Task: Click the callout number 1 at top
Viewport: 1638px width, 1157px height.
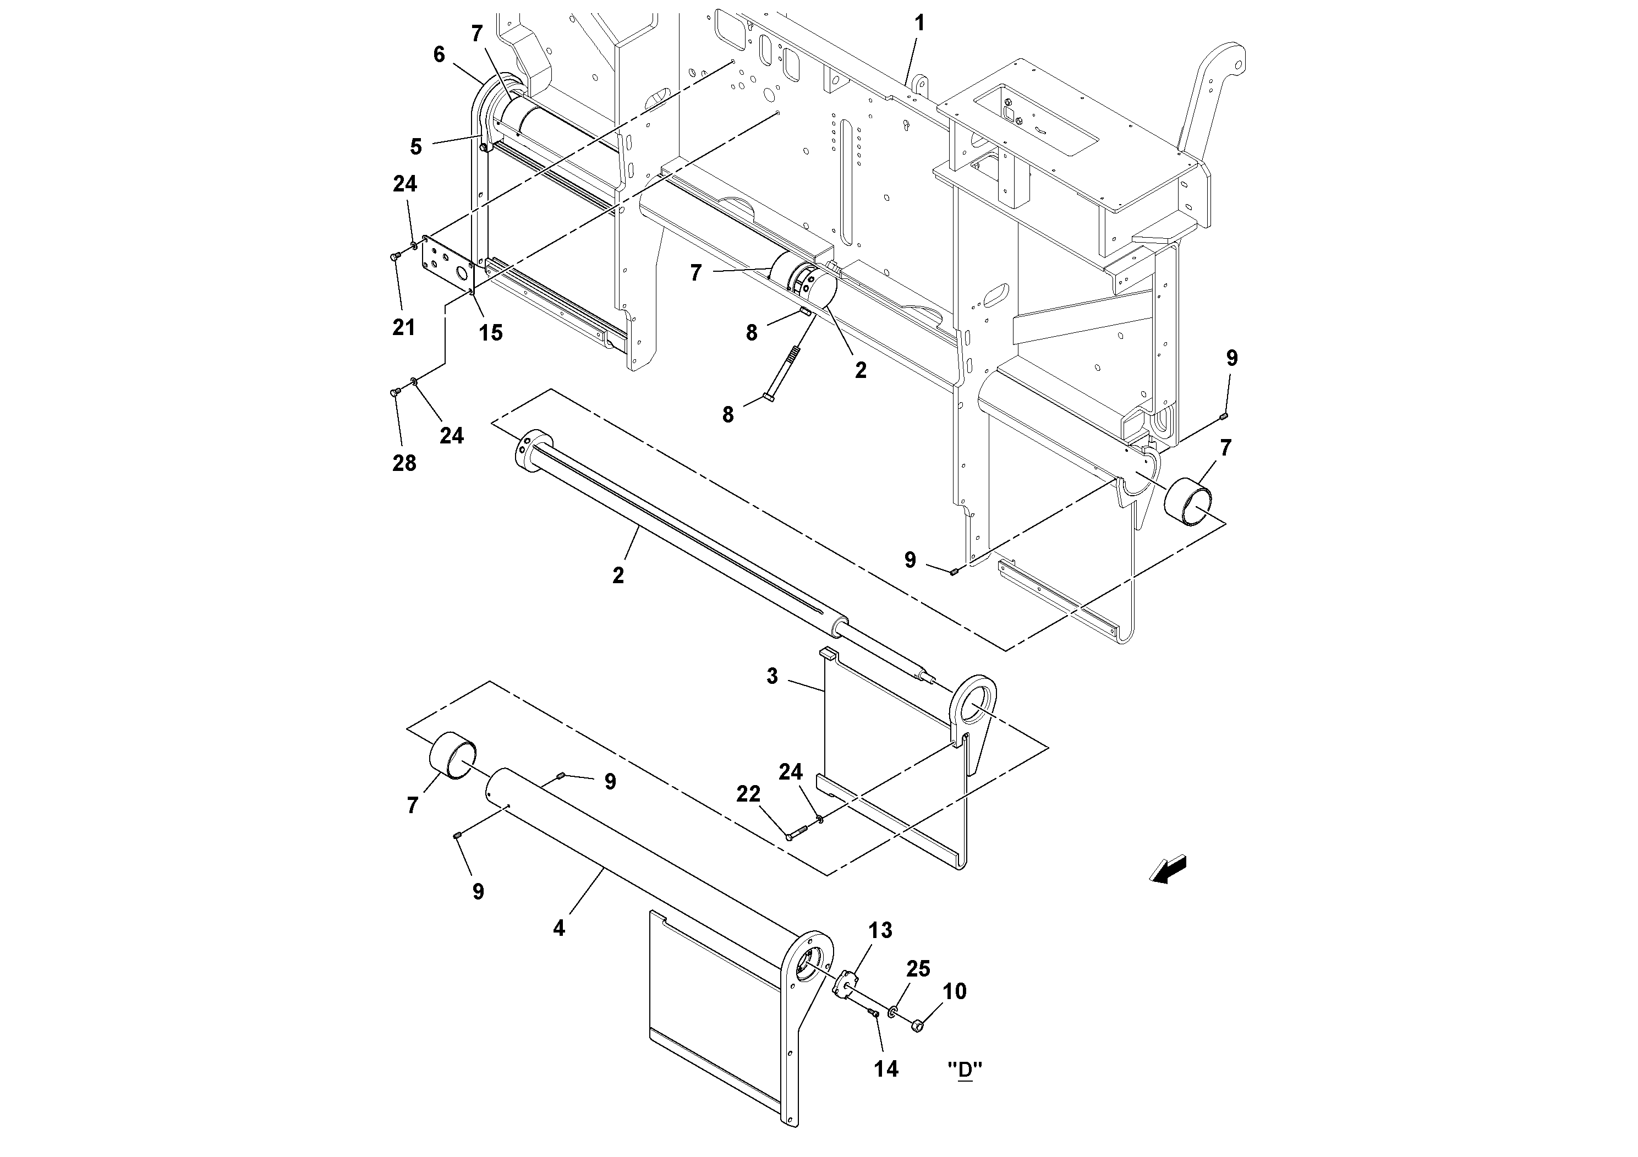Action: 919,24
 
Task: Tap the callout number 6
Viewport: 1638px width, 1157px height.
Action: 439,55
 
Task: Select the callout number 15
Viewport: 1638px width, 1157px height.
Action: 490,333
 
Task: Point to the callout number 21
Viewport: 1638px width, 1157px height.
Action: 404,327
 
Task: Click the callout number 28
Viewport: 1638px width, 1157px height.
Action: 404,464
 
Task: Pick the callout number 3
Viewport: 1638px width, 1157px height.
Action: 772,676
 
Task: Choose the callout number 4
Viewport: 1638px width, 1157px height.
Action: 558,928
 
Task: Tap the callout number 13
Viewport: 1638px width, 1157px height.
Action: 880,930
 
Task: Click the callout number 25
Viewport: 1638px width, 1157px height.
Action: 918,969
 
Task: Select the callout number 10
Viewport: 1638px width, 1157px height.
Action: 955,991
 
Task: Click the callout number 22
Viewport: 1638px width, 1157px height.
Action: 748,794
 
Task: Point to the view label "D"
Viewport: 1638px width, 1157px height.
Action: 965,1070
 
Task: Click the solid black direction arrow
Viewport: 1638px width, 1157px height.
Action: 1168,869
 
